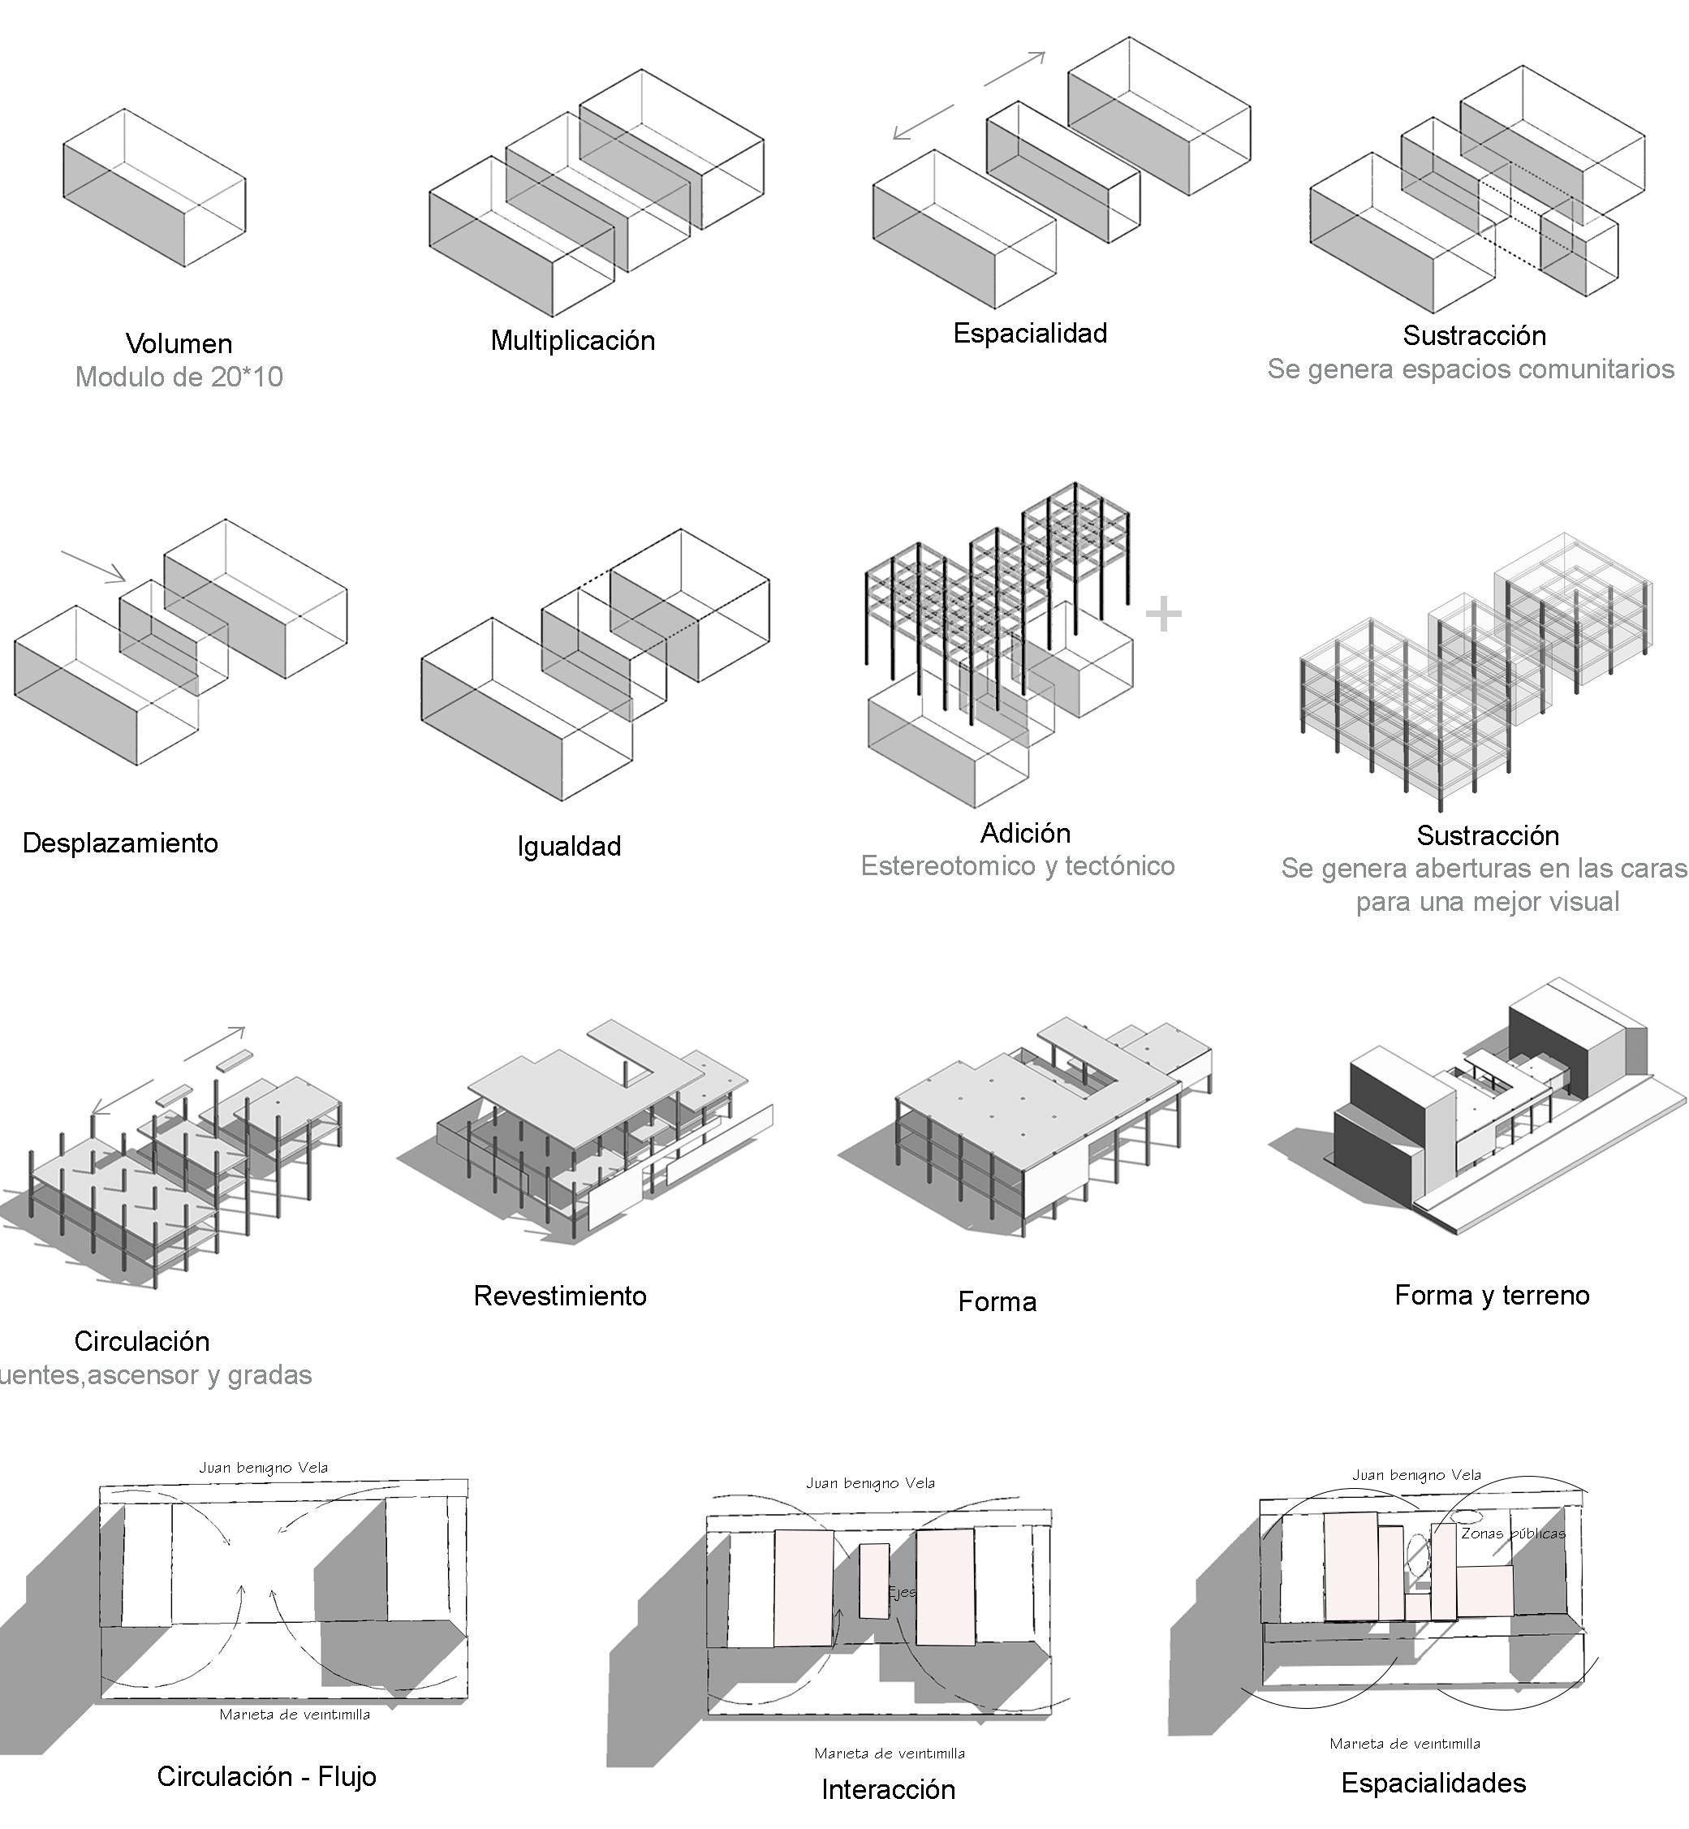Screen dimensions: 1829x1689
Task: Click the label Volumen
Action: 179,343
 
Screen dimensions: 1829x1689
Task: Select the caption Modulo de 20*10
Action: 179,377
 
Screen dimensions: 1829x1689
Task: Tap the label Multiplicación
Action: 573,340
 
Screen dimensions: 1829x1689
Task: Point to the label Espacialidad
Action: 1030,333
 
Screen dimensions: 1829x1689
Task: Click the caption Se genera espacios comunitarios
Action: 1471,369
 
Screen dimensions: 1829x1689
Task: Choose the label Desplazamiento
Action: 121,843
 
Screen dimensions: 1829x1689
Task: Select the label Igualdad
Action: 568,847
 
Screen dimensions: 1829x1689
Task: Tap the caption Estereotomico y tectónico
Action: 1017,865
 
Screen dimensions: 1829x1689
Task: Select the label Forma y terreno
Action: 1492,1294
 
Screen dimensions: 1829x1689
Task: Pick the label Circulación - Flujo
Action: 267,1776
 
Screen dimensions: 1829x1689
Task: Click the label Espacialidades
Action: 1433,1783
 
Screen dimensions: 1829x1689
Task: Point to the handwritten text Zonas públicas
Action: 1513,1534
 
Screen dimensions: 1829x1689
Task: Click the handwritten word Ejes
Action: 901,1592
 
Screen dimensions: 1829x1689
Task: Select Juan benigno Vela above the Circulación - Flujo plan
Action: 263,1468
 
